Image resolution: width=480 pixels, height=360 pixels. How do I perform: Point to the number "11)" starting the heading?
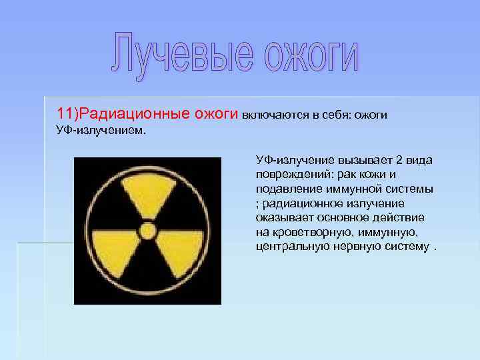click(x=68, y=114)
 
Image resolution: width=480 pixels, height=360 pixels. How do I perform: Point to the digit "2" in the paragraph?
click(x=399, y=161)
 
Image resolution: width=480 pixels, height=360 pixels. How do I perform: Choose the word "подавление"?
click(x=284, y=189)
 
